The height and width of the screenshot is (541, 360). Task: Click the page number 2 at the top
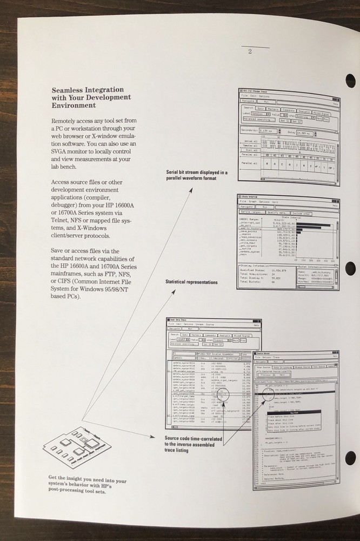pyautogui.click(x=250, y=52)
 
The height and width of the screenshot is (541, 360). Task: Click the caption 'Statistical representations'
pyautogui.click(x=191, y=282)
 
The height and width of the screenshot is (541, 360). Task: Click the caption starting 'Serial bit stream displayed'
pyautogui.click(x=196, y=176)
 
